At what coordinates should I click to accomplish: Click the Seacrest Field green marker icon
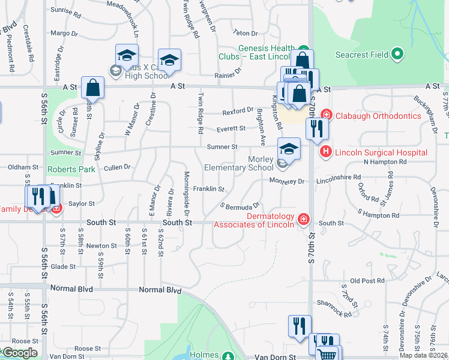tap(397, 55)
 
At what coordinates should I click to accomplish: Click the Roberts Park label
tap(71, 170)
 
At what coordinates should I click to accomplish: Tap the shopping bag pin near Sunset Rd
tap(93, 88)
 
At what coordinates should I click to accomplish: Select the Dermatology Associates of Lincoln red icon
tap(303, 220)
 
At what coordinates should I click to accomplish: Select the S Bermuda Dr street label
tap(240, 206)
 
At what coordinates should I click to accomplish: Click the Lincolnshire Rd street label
tap(338, 178)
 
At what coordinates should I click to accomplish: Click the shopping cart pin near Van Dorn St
tap(328, 355)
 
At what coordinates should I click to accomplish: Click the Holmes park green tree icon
tap(228, 355)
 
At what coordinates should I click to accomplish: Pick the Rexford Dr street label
tap(238, 111)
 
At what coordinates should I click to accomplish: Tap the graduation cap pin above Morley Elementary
tap(288, 149)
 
